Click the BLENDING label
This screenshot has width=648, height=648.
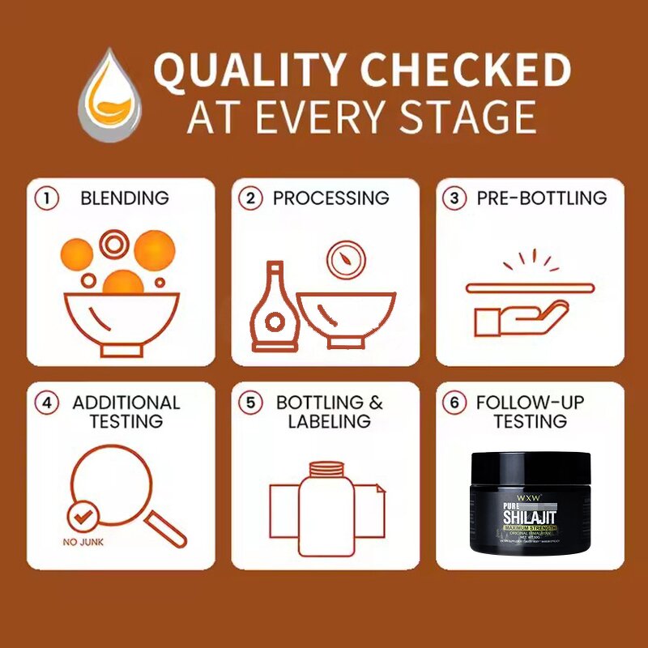(x=124, y=198)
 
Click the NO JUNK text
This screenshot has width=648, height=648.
(x=83, y=542)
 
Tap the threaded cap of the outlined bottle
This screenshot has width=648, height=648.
(x=325, y=469)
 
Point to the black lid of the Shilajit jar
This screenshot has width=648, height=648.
(x=531, y=469)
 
